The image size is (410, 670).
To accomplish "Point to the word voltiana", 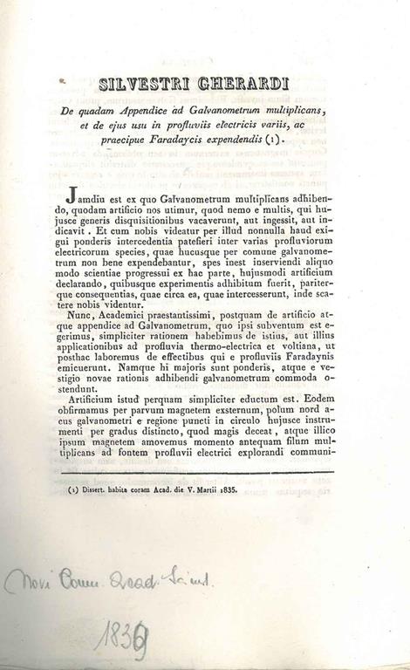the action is pos(304,336).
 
